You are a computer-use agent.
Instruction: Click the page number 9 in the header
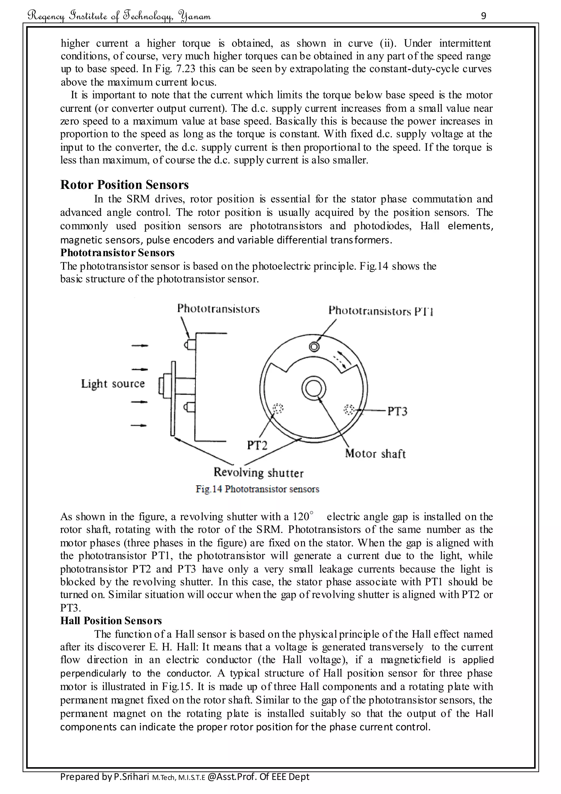tap(483, 16)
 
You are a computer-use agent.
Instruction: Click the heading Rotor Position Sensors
tap(124, 185)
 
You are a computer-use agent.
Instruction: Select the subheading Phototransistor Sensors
tap(118, 253)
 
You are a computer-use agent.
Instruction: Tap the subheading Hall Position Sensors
tap(111, 621)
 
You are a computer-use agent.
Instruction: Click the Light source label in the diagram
tap(113, 384)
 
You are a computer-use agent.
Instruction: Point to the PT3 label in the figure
tap(397, 411)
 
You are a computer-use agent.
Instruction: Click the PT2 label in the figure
tap(257, 445)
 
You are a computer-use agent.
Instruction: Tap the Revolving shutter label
tap(258, 472)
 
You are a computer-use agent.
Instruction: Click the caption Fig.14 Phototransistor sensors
tap(257, 489)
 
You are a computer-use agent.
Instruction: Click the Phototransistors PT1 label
tap(381, 311)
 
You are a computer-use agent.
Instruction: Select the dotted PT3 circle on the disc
tap(349, 410)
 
